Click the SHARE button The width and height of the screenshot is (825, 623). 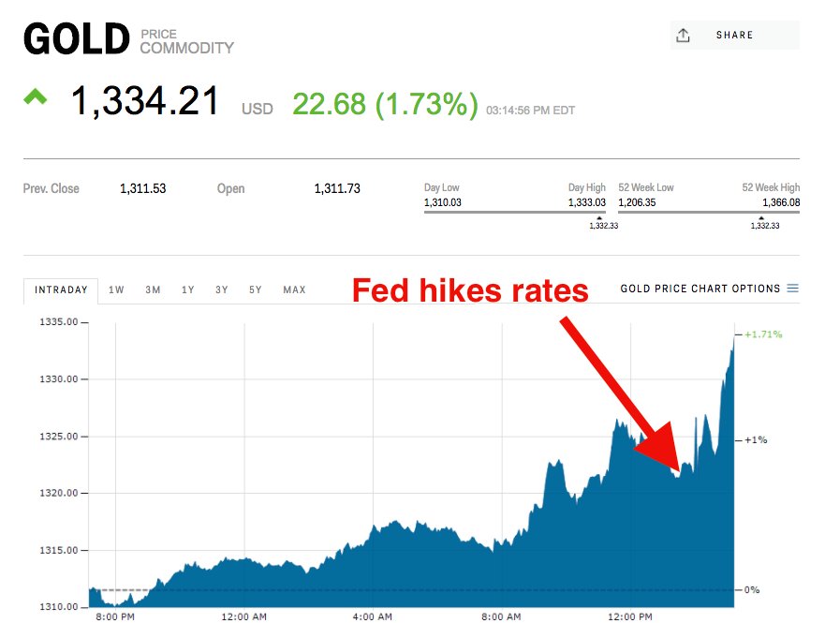734,36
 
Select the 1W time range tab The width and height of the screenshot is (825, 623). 117,290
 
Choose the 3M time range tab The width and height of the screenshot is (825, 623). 153,290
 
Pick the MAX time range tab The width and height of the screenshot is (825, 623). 294,290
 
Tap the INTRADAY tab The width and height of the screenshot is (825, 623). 61,290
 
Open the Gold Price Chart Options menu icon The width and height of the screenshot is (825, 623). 793,289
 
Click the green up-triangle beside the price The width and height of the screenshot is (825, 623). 36,96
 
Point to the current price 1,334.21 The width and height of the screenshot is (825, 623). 145,102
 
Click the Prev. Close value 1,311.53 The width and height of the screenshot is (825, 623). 142,189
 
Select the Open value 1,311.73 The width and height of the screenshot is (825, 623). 337,189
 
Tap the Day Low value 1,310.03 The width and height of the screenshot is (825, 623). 443,202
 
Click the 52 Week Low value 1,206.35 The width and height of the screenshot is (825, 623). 638,202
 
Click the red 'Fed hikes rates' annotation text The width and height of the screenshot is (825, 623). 470,291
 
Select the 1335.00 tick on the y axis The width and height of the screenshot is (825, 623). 65,322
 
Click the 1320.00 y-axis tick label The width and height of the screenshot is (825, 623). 65,494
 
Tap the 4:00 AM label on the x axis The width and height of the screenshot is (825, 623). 372,617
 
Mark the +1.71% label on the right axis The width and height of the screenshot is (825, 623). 763,334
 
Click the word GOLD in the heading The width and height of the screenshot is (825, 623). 76,40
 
